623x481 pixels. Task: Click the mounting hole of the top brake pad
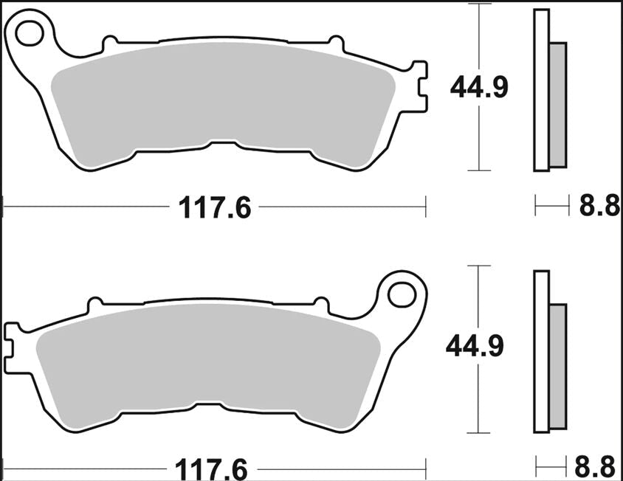point(31,32)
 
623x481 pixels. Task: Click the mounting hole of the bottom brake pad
point(401,294)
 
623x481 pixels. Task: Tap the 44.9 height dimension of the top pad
point(479,89)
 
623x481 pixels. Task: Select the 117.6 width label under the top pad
point(215,209)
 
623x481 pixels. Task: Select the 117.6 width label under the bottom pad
point(210,468)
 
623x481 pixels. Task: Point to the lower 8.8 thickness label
point(595,468)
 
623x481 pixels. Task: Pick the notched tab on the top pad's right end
point(419,89)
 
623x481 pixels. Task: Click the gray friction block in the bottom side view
point(558,366)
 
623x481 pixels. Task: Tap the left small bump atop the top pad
point(109,43)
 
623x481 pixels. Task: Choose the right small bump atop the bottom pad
point(320,303)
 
